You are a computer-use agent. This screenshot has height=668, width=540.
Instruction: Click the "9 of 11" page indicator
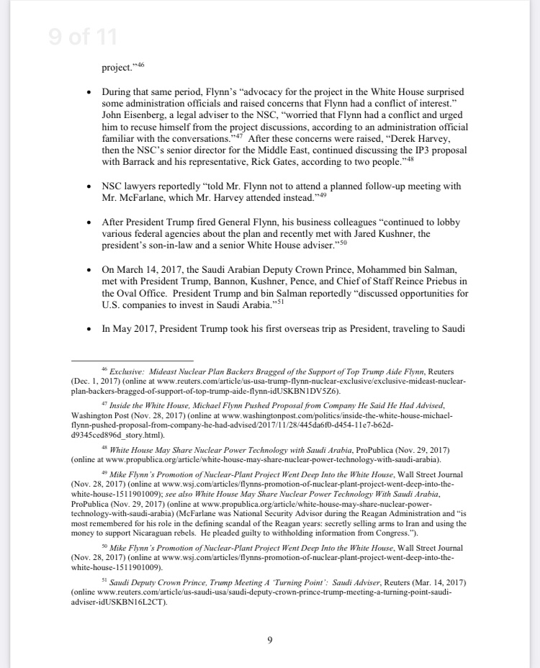[83, 37]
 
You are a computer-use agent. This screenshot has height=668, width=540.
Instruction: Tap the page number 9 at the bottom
[269, 638]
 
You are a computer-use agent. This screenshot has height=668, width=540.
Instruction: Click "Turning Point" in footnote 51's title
[297, 581]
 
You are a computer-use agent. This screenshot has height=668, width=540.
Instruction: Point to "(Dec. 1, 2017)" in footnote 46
[96, 380]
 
